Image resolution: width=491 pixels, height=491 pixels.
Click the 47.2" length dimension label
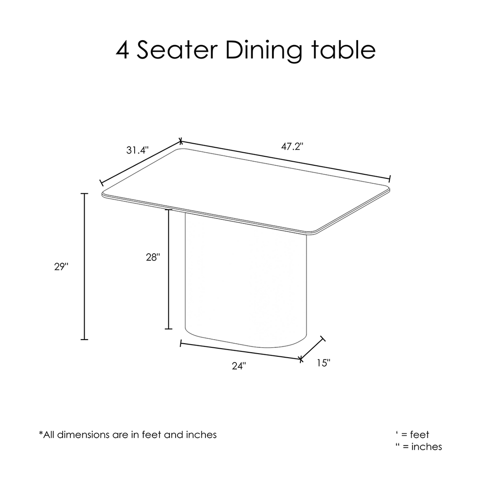(292, 146)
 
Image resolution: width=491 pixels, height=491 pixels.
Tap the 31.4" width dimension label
(137, 150)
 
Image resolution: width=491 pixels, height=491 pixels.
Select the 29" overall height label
(61, 267)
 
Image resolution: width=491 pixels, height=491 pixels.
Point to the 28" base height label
(153, 257)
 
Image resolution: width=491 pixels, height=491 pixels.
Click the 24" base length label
(239, 366)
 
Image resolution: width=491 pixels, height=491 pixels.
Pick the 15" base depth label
(323, 363)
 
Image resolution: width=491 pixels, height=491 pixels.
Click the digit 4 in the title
(123, 50)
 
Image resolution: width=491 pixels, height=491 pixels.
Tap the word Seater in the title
(177, 50)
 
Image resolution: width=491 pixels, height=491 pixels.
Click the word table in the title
(343, 50)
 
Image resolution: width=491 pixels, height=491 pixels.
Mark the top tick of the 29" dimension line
(84, 194)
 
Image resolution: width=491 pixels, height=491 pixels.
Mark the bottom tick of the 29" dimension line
(84, 340)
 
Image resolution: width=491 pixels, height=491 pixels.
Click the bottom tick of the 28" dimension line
(168, 329)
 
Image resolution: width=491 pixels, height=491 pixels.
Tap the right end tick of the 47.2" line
(390, 179)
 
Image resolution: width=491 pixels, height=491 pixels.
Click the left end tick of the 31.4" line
(101, 183)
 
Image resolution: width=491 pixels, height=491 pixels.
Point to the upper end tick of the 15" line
(323, 338)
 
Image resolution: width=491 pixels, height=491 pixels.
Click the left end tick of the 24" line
(181, 344)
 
